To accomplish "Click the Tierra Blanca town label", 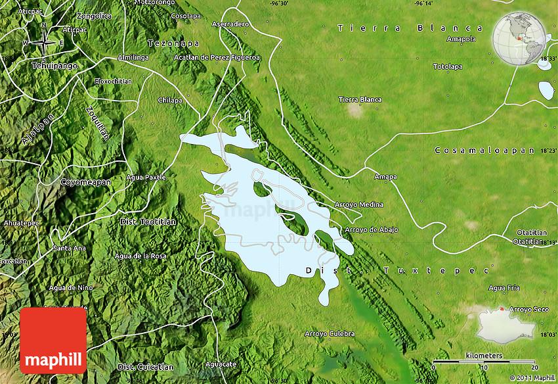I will click(x=360, y=99).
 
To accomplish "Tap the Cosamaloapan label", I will click(x=484, y=151).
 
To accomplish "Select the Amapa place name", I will click(x=385, y=177).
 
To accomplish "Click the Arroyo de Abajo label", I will click(x=371, y=229).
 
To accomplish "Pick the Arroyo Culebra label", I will click(x=330, y=333).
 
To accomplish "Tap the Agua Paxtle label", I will click(x=146, y=178).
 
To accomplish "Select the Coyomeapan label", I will click(x=85, y=181).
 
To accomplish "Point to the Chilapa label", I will click(x=169, y=100).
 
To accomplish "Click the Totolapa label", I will click(x=448, y=66).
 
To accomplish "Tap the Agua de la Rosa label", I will click(x=140, y=256).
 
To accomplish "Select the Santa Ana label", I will click(x=69, y=248).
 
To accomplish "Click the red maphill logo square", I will click(x=53, y=341).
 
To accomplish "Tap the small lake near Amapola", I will click(x=546, y=89).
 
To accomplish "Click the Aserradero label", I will click(x=230, y=24).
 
